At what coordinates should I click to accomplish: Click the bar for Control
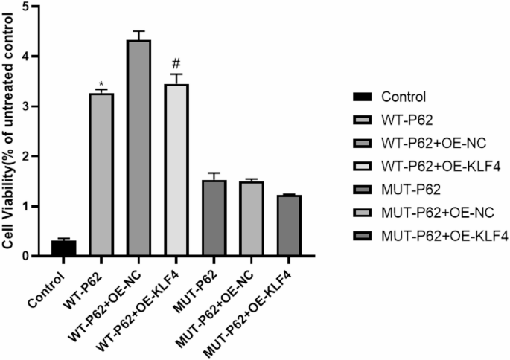(x=64, y=248)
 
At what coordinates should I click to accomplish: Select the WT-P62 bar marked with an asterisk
(x=102, y=175)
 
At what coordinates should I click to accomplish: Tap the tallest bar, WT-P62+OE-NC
(x=138, y=149)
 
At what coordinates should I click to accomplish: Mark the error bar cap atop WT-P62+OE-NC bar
(x=138, y=32)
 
